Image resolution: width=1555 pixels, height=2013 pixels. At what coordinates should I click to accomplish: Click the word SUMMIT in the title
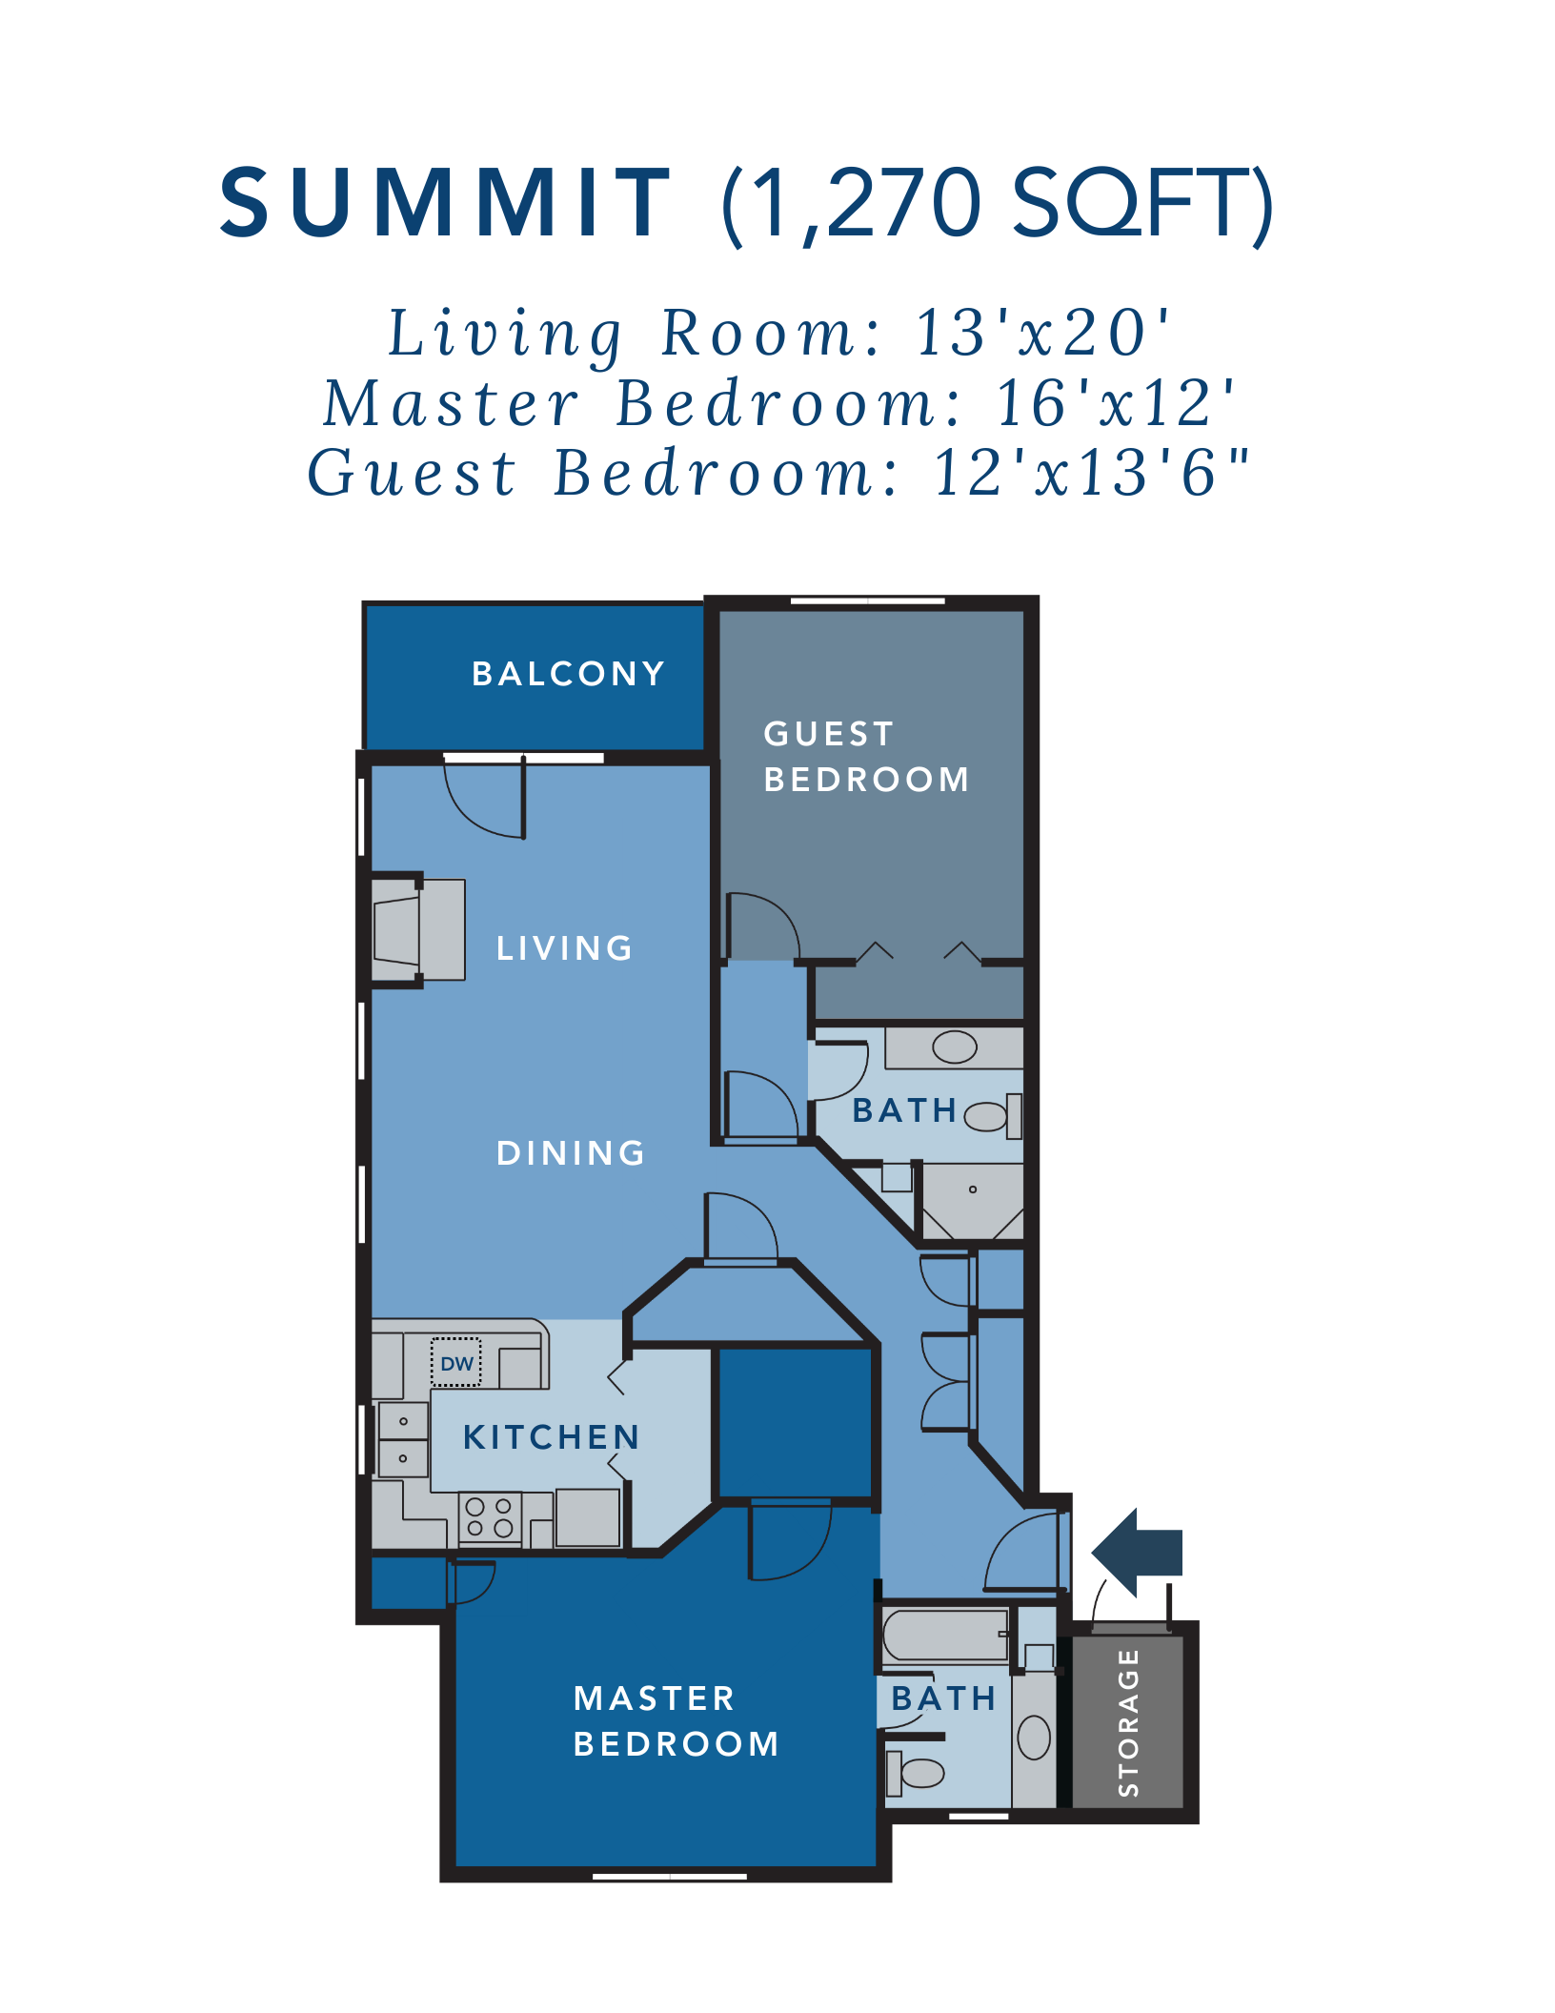pos(445,203)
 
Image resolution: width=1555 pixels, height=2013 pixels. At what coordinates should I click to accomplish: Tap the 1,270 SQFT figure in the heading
pos(997,203)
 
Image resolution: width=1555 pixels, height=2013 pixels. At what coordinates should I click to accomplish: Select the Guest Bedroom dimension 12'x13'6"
pos(1090,473)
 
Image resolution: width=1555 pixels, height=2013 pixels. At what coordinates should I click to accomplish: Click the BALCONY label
pos(568,674)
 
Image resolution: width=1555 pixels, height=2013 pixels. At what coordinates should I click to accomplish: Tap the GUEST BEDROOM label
pos(865,757)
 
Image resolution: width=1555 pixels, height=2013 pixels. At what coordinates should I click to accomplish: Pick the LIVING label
pos(564,948)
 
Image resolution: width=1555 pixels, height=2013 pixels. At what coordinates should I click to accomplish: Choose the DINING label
pos(571,1153)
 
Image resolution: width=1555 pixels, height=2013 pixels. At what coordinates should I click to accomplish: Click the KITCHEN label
pos(551,1437)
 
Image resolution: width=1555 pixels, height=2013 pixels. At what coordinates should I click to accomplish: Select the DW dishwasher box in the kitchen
pos(456,1364)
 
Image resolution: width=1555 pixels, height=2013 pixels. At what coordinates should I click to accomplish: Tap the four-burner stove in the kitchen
pos(490,1517)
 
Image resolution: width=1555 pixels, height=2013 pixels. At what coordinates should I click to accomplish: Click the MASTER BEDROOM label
pos(676,1721)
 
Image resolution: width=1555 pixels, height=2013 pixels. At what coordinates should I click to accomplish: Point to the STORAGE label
pos(1128,1723)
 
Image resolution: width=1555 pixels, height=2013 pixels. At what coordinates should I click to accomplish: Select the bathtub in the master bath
pos(944,1636)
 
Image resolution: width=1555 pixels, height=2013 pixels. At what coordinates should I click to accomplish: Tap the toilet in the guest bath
pos(991,1116)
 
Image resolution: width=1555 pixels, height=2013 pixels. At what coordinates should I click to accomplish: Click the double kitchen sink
pos(403,1439)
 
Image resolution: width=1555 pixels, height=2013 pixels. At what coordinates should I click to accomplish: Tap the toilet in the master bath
pos(916,1773)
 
